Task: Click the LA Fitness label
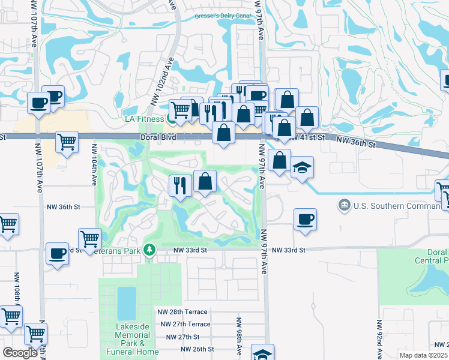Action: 144,119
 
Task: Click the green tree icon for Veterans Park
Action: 149,250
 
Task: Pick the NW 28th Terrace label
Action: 182,312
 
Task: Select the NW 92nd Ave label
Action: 379,340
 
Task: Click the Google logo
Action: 20,353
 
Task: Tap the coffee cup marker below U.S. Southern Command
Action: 305,219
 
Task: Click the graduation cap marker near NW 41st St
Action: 303,168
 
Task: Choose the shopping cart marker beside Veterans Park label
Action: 89,238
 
